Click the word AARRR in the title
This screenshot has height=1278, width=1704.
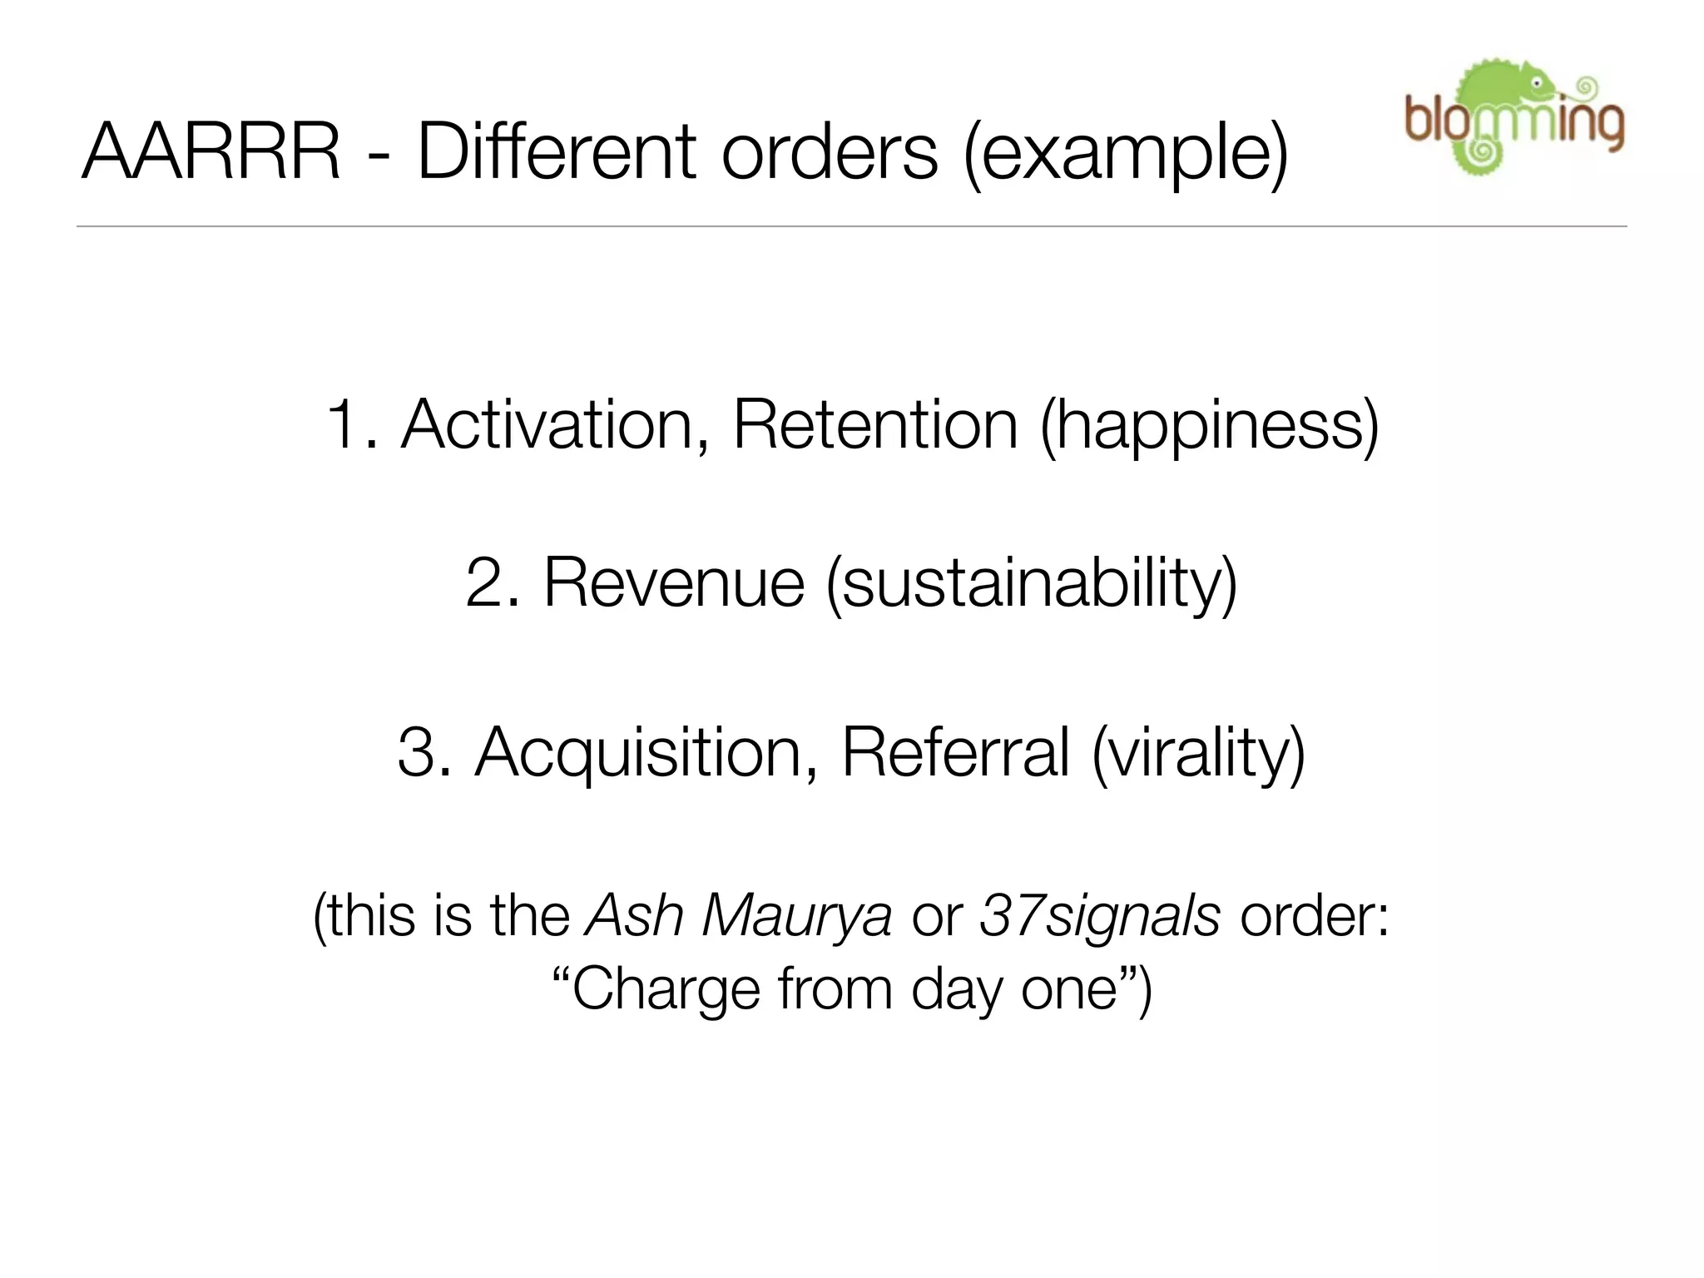click(x=211, y=152)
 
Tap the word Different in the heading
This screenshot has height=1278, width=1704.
click(x=557, y=152)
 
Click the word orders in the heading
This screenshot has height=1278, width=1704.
click(x=829, y=152)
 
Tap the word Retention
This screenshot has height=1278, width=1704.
click(x=874, y=425)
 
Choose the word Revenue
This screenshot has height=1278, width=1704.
click(x=674, y=582)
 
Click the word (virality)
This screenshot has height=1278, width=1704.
click(x=1198, y=753)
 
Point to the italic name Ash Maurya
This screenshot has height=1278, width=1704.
click(x=739, y=916)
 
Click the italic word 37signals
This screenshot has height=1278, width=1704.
click(x=1099, y=916)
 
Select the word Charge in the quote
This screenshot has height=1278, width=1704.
click(x=666, y=990)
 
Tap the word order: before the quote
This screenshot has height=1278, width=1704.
click(x=1315, y=916)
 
